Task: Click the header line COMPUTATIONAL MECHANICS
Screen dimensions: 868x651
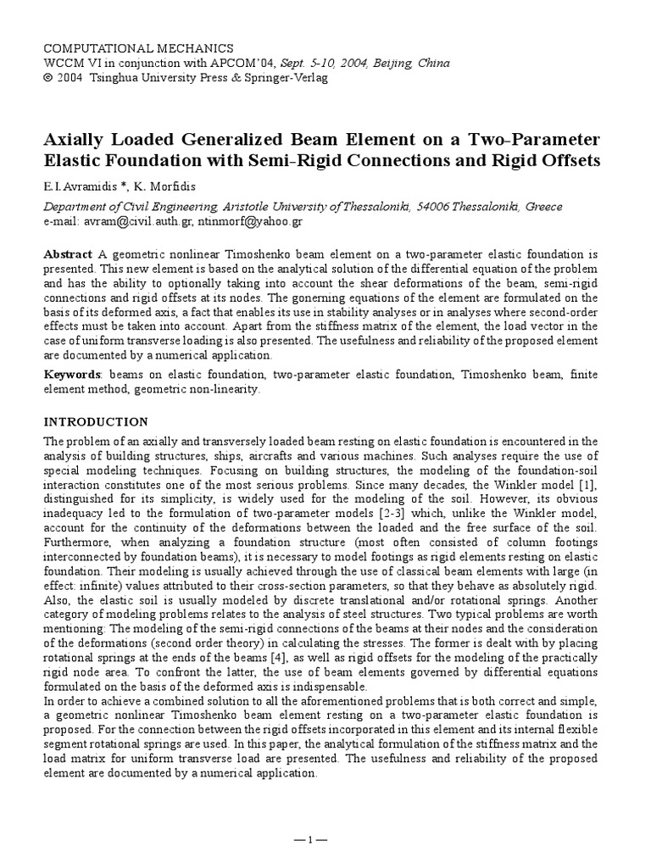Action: pyautogui.click(x=137, y=48)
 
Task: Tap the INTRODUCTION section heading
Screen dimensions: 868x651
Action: pyautogui.click(x=95, y=421)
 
